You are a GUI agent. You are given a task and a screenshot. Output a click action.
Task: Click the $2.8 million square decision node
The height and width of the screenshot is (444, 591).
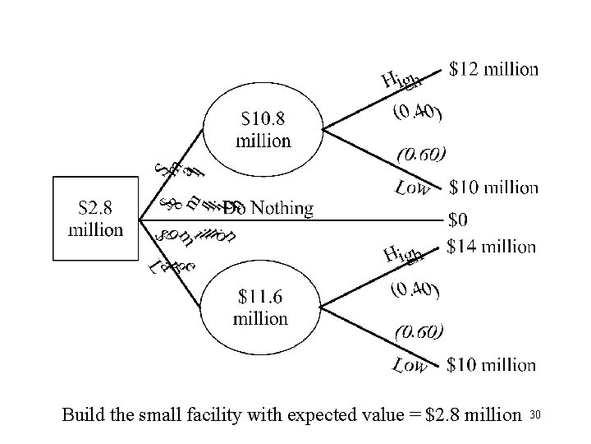coord(96,219)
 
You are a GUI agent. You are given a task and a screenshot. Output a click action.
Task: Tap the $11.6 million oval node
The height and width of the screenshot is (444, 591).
coord(261,307)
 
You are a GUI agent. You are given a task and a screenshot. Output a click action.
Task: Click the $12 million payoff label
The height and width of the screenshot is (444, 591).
coord(494,69)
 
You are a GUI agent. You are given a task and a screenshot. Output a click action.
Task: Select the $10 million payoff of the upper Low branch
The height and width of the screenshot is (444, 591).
coord(493,187)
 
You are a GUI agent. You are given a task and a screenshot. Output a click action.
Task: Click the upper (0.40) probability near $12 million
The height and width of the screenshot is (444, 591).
coord(417,113)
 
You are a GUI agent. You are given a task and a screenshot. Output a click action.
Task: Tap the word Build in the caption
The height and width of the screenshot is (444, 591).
coord(83,415)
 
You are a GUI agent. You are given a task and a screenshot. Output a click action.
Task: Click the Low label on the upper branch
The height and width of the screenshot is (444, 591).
coord(413,189)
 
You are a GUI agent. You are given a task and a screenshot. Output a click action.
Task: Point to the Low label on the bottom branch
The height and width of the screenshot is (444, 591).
coord(410,364)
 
